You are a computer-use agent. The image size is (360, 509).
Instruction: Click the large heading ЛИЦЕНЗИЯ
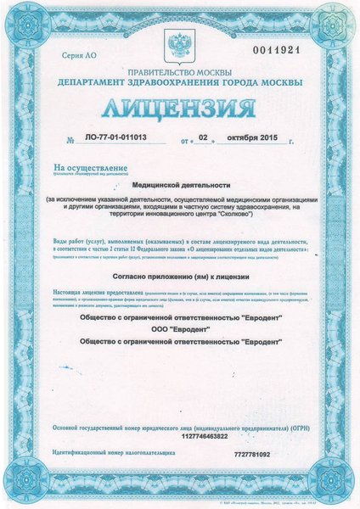click(180, 109)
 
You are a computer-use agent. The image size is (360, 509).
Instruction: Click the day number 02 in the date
click(203, 137)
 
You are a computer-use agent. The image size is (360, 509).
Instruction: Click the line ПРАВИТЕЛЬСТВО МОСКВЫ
click(180, 72)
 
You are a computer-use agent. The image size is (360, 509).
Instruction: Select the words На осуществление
click(79, 170)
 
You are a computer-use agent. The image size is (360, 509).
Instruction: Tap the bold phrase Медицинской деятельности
click(179, 182)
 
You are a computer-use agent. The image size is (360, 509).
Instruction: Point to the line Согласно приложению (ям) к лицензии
click(180, 277)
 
